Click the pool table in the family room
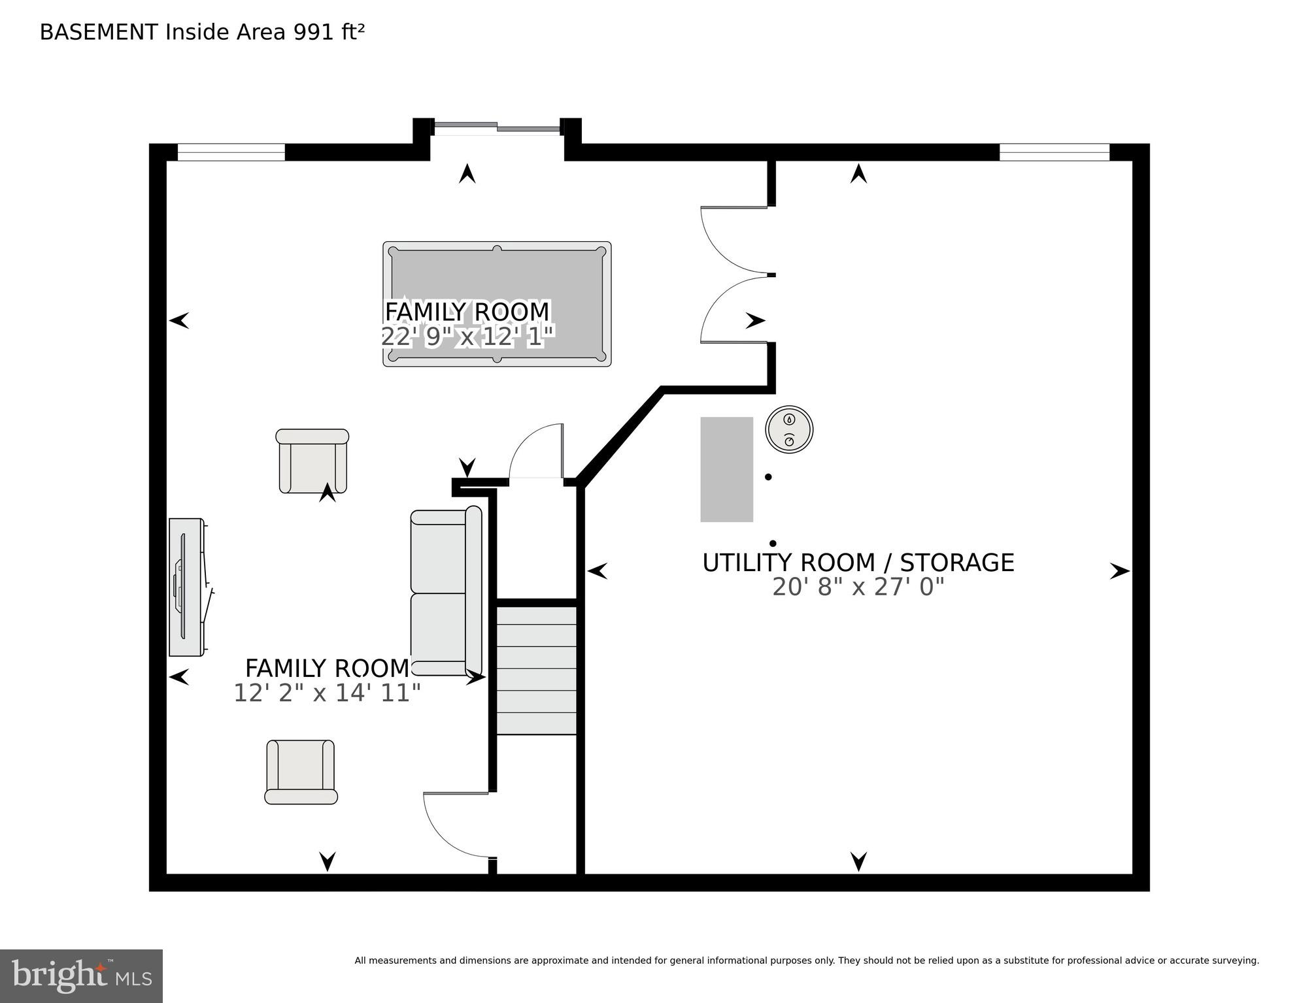pos(497,274)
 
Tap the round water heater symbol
pos(789,430)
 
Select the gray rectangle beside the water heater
pos(726,469)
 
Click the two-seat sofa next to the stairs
pos(445,592)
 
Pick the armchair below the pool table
pos(312,461)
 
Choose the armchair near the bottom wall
pos(301,772)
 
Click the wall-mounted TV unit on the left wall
pos(186,587)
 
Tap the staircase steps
pos(536,670)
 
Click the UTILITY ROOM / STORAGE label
pos(858,563)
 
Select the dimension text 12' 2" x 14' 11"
pos(327,693)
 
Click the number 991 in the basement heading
pos(313,32)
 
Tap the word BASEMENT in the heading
pos(99,32)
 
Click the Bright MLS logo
pos(81,976)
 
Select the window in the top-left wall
pos(231,152)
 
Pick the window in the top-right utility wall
pos(1054,152)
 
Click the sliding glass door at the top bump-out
pos(497,127)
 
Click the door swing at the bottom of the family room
pos(454,823)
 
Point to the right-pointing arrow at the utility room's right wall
pos(1119,571)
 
